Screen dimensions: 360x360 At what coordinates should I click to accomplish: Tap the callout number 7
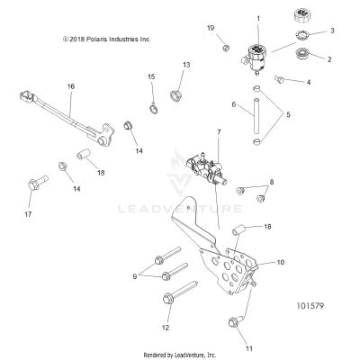point(217,132)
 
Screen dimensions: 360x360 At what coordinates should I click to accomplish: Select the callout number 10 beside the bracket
point(280,262)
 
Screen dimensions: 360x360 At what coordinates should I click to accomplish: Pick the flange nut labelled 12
point(168,298)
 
